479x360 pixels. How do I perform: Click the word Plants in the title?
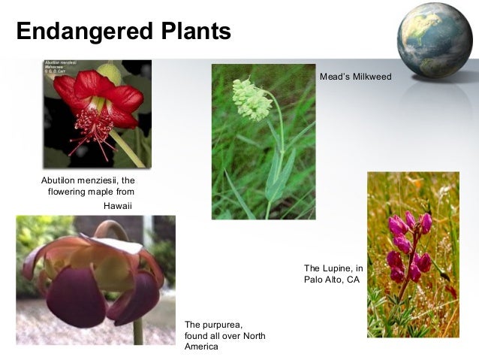tap(191, 32)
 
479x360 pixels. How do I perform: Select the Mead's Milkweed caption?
tap(355, 77)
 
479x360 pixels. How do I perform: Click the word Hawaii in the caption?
tap(117, 205)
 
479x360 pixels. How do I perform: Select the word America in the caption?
tap(201, 347)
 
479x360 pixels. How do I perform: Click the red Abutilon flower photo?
tap(97, 113)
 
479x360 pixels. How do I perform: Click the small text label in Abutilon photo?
tap(65, 68)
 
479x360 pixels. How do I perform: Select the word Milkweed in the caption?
tap(372, 77)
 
